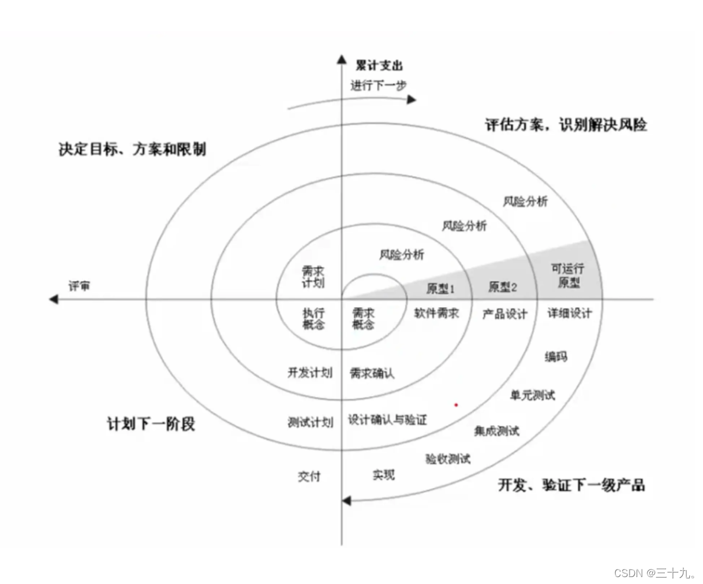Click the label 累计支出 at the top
(379, 65)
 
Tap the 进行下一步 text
(378, 85)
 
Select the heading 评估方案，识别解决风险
(566, 124)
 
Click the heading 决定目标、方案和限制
(132, 149)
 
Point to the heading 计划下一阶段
(151, 423)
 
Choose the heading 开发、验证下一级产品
(571, 485)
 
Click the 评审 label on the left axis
(79, 287)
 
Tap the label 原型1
(440, 288)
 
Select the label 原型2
(503, 287)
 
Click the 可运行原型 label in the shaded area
(568, 276)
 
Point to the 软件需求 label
(436, 313)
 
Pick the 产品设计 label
(504, 314)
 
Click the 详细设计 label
(570, 313)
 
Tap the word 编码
(556, 356)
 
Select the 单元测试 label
(532, 395)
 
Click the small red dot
(456, 405)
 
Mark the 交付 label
(309, 476)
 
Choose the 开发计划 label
(310, 373)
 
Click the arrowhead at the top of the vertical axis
(342, 59)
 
